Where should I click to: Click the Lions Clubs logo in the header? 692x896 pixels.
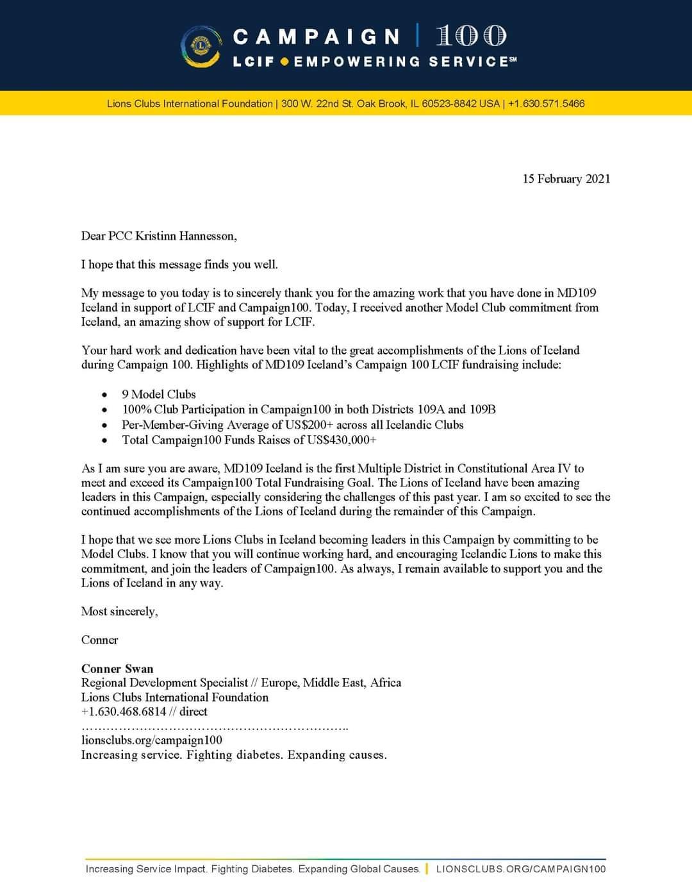[201, 47]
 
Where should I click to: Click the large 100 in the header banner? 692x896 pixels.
[471, 36]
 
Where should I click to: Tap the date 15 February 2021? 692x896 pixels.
[566, 179]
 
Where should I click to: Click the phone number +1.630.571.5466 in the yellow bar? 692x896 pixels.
[546, 104]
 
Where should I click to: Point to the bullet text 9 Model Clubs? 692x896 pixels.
[159, 394]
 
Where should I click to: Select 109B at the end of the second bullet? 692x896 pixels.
[482, 410]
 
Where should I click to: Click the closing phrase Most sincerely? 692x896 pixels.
[119, 611]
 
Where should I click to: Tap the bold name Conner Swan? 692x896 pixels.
[117, 668]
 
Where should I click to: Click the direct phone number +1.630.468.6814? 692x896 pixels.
[124, 711]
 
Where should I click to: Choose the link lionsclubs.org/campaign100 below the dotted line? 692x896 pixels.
[152, 740]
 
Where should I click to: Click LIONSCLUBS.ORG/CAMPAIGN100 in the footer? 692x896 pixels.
[520, 869]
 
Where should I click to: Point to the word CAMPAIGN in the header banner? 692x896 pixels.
[317, 37]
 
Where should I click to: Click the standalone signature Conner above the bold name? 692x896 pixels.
[99, 640]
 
